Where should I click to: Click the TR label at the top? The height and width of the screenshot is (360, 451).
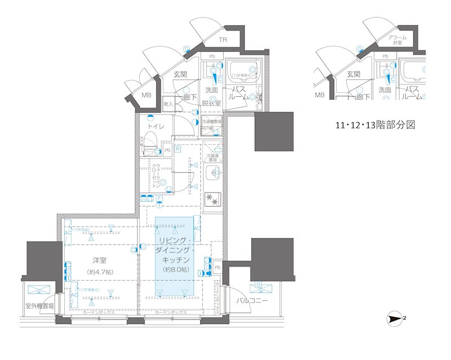tap(223, 39)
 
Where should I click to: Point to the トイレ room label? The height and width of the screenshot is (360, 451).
tap(156, 127)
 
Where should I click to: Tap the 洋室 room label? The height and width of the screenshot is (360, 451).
tap(101, 260)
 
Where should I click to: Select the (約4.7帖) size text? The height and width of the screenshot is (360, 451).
tap(101, 272)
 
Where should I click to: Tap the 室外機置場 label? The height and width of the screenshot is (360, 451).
tap(39, 306)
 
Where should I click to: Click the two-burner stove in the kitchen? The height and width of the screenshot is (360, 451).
tap(213, 199)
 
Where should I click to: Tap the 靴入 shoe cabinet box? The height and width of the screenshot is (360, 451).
tap(167, 104)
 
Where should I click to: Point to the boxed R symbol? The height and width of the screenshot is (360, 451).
tap(177, 149)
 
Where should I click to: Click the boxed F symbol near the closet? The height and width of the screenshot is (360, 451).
tap(160, 198)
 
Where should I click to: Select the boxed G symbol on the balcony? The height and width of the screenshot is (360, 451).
tap(258, 285)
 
